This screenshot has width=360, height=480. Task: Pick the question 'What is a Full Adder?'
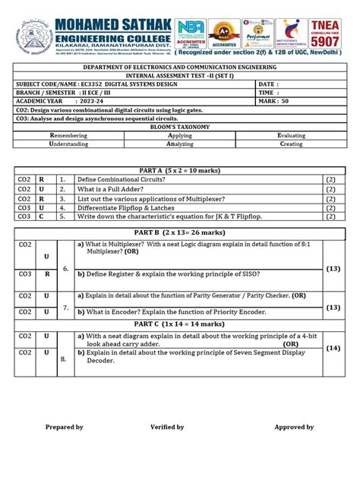point(115,188)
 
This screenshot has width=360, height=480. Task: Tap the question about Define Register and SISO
point(167,272)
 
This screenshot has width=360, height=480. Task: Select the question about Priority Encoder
point(171,311)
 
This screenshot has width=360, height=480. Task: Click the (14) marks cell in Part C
point(333,349)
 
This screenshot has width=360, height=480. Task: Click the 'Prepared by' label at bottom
point(65,428)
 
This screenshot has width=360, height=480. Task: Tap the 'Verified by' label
point(167,428)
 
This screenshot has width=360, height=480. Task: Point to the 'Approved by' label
point(295,428)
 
